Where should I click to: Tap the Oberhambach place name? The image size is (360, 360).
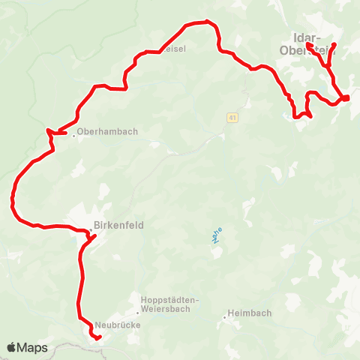point(108,132)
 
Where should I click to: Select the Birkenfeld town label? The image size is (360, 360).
point(118,225)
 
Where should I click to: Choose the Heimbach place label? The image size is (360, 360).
point(251,313)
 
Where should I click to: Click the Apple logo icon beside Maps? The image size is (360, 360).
point(13,348)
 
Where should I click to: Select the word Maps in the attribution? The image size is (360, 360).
point(34,348)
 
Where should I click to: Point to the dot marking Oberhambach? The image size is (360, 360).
point(73,135)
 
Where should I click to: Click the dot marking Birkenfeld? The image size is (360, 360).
point(90,225)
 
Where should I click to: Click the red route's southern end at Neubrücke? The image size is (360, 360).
point(98,338)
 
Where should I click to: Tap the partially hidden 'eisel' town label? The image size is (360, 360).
point(174,49)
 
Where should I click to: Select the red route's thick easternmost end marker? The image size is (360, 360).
point(346,97)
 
